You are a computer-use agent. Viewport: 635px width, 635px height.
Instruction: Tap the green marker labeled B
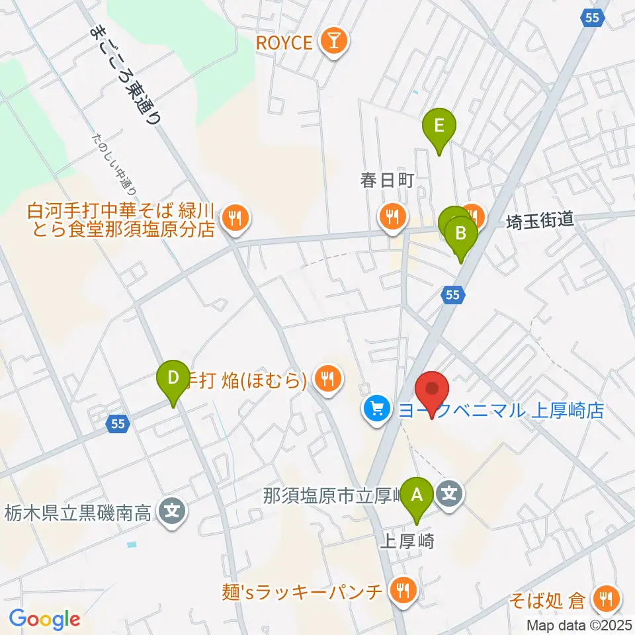(461, 233)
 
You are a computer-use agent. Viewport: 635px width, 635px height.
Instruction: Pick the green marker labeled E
(439, 124)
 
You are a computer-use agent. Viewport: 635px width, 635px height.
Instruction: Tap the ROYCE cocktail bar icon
(331, 42)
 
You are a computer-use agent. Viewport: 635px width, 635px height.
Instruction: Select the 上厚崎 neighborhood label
(407, 542)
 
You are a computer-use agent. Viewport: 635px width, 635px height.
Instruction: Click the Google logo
(44, 619)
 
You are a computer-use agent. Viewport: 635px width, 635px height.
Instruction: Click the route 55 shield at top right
(593, 19)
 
